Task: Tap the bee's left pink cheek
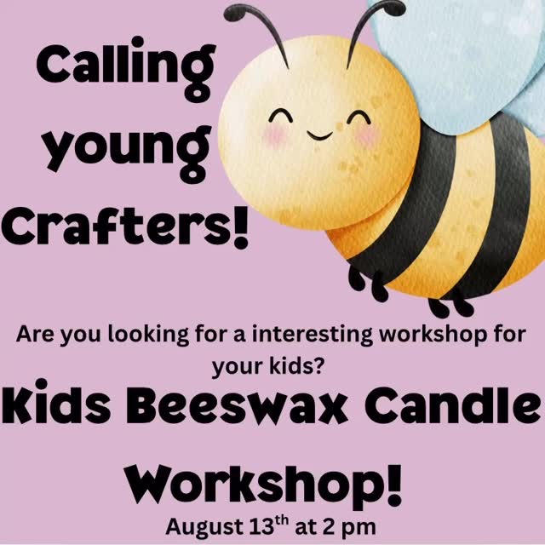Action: coord(271,135)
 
